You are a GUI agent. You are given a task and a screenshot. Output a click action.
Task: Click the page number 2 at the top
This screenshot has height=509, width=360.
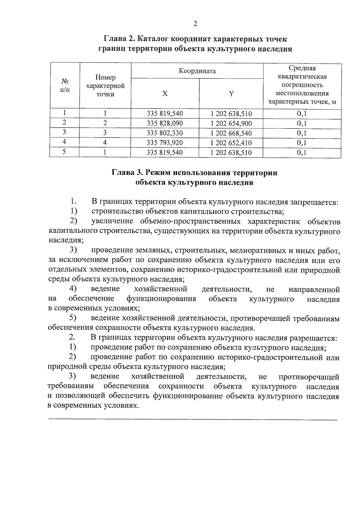point(195,24)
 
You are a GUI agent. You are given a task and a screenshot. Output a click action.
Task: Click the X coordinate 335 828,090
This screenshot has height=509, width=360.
point(165,123)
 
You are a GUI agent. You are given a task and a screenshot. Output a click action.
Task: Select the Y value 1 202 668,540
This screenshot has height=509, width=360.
point(231,133)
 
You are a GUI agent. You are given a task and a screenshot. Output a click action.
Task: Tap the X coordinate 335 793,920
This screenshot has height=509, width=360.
point(165,143)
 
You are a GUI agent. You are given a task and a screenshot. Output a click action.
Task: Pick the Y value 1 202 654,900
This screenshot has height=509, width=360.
point(231,124)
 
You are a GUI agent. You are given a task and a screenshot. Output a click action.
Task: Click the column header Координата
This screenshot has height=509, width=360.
point(197,71)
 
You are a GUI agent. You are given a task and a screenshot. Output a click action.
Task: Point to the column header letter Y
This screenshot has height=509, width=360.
point(231,94)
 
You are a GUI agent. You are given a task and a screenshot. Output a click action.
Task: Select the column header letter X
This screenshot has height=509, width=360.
point(165,94)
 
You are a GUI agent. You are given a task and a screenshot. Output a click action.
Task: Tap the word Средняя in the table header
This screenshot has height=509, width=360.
point(302,68)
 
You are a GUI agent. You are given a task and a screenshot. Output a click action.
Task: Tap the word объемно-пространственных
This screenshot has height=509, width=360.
point(190,222)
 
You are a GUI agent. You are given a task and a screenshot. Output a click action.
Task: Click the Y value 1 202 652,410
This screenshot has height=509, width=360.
point(231,143)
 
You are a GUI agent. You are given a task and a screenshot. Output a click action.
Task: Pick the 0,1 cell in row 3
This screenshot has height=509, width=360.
point(302,133)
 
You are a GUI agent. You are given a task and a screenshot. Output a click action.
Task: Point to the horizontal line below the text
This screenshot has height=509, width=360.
point(193,420)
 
